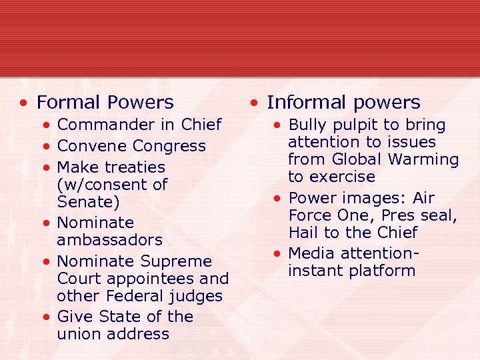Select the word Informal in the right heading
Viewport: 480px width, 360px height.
click(301, 103)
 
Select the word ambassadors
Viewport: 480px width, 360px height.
click(109, 239)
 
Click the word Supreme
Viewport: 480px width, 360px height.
click(177, 261)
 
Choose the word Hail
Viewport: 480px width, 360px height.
click(305, 233)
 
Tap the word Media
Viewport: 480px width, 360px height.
click(311, 254)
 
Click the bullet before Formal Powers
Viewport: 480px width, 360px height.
click(23, 103)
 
